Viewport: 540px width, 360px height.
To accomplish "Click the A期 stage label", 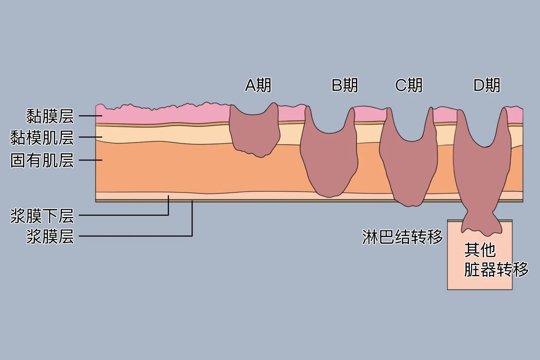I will [258, 86].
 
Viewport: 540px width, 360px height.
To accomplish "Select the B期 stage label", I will [345, 86].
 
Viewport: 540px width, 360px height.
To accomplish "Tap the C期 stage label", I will [409, 86].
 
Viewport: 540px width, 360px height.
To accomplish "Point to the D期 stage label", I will [487, 86].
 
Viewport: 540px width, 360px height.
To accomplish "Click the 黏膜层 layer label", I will [50, 116].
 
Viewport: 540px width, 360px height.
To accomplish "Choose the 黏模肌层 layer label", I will [42, 138].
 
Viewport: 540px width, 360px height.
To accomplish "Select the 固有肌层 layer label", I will [42, 160].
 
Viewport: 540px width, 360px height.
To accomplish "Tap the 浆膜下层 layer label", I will [42, 216].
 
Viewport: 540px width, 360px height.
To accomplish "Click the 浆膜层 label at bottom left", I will [50, 237].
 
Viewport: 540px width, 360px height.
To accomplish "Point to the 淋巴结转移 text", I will [402, 237].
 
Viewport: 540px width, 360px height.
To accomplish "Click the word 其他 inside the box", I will [480, 250].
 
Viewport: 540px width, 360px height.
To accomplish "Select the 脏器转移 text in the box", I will [496, 269].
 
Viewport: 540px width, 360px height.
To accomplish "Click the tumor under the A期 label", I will [255, 133].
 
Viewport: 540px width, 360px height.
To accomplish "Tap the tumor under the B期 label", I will [329, 162].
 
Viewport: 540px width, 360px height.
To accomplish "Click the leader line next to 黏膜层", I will [90, 116].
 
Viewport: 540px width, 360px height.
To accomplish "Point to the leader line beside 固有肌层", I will [90, 160].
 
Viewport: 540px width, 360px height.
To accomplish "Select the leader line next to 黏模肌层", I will [90, 137].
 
